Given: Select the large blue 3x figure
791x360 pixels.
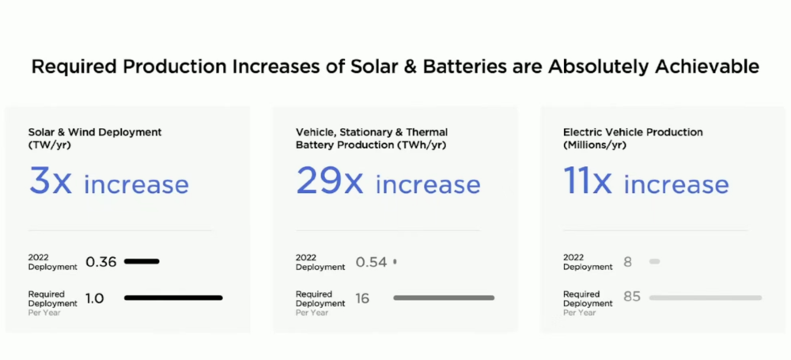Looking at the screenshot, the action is (51, 181).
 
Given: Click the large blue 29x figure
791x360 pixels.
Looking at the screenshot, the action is (329, 181).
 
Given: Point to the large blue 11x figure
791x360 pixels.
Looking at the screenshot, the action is (587, 181).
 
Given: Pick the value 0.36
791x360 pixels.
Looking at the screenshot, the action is (101, 262).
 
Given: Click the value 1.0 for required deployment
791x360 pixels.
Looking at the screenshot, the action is (95, 298).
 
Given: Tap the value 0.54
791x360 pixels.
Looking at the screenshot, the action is (371, 262).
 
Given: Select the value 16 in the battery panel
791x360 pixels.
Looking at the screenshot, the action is (362, 298).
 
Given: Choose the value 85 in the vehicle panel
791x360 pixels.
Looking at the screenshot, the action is (632, 297).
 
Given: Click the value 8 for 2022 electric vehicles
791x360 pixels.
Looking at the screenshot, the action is (627, 262).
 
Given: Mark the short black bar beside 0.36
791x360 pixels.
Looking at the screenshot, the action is (142, 261).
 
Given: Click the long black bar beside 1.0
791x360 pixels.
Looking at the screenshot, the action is (173, 298).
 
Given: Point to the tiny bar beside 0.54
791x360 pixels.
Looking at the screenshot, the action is (395, 262).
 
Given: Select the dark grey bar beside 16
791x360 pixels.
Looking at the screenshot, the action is (444, 298).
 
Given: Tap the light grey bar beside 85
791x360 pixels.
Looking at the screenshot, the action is (706, 298).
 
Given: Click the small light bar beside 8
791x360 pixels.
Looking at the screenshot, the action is (654, 262).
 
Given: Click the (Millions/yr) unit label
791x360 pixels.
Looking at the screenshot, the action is (594, 145).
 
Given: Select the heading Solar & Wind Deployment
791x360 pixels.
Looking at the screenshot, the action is (95, 132).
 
